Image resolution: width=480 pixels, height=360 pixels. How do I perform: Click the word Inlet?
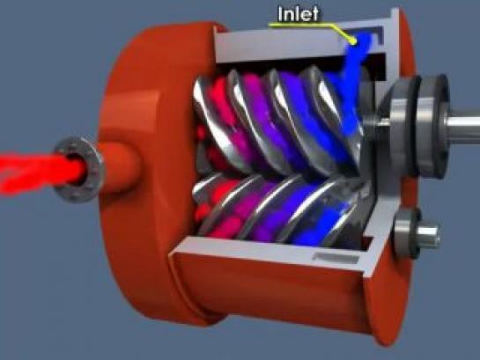(x=299, y=14)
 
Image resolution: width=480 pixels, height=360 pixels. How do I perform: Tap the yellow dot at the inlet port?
(x=353, y=40)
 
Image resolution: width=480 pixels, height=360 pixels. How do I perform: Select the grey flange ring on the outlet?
(x=79, y=170)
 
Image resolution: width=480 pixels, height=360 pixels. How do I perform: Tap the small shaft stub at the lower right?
(x=429, y=235)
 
